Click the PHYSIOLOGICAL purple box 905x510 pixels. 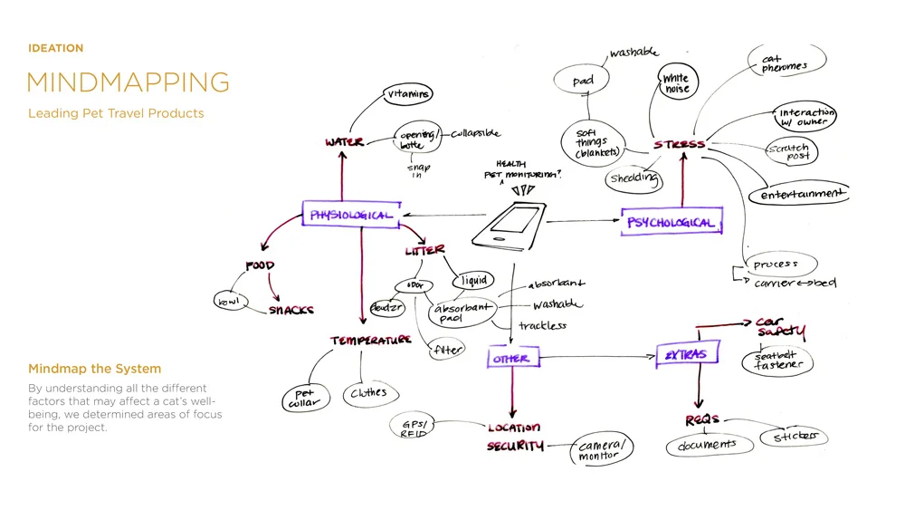pyautogui.click(x=350, y=215)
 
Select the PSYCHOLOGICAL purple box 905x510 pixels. pyautogui.click(x=671, y=222)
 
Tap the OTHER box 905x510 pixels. pyautogui.click(x=510, y=359)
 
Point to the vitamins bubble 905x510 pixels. pyautogui.click(x=408, y=94)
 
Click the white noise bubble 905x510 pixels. pyautogui.click(x=676, y=83)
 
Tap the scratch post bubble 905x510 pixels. pyautogui.click(x=789, y=151)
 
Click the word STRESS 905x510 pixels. pyautogui.click(x=680, y=144)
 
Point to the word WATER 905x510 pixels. pyautogui.click(x=344, y=142)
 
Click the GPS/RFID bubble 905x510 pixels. pyautogui.click(x=414, y=427)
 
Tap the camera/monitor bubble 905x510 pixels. pyautogui.click(x=601, y=450)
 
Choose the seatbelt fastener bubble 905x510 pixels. pyautogui.click(x=777, y=361)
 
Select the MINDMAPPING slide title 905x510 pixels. pyautogui.click(x=128, y=82)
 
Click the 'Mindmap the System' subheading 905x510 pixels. pyautogui.click(x=95, y=369)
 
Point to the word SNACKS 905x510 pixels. pyautogui.click(x=291, y=310)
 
